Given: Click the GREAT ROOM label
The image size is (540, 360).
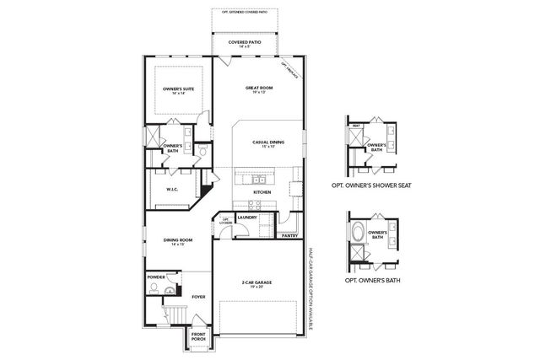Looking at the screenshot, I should (x=258, y=88).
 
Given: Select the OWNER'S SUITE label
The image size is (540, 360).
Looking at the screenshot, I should (x=178, y=89).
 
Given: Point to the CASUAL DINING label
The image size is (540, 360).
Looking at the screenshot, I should (x=266, y=143).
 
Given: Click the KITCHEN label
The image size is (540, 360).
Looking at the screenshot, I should (x=262, y=192).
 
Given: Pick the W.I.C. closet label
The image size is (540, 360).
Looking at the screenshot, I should (x=172, y=189).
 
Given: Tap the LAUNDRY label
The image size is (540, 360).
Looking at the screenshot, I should (x=247, y=218).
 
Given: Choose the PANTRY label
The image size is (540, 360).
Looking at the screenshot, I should (x=289, y=237).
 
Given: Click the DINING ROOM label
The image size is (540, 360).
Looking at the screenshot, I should (x=178, y=241).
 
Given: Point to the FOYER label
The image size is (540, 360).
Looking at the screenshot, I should (x=198, y=297).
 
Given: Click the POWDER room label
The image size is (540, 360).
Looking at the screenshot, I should (x=155, y=276).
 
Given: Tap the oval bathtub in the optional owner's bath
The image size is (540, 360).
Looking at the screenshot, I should (x=359, y=234).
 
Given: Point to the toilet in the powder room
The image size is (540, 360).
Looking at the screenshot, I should (x=153, y=289).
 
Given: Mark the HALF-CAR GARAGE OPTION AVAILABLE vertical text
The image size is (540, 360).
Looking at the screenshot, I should (x=310, y=287).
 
